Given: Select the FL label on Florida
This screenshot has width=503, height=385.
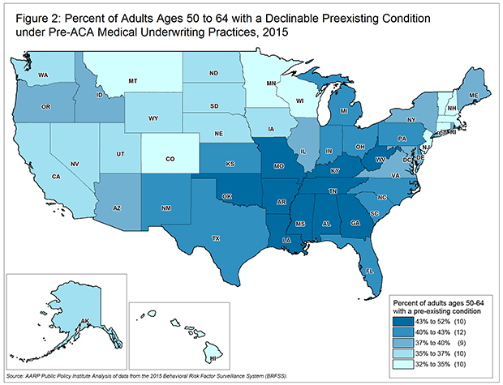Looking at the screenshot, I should pos(368,271).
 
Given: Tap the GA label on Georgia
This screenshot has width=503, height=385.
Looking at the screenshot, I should pos(355,226).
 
